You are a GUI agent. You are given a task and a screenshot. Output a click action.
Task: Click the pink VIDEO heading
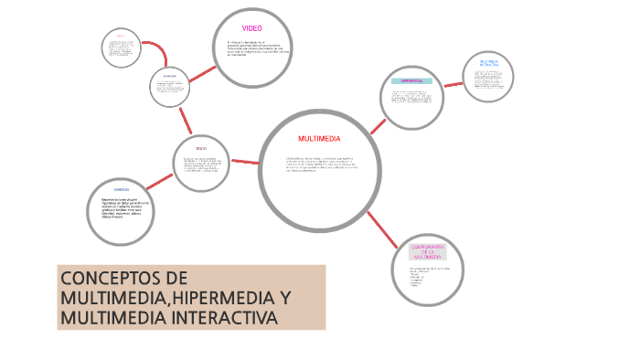251,28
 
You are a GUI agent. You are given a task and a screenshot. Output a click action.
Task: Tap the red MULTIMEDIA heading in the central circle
319,139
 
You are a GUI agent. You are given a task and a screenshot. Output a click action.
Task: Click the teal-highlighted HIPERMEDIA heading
411,80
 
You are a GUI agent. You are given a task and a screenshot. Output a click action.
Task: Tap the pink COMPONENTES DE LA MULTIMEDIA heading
428,251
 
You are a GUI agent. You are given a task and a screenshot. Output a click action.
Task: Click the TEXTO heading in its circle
201,147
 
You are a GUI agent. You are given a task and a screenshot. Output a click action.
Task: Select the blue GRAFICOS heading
122,190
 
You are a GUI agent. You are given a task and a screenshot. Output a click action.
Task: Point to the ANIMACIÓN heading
169,76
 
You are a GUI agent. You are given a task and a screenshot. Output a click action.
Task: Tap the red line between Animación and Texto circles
185,122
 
